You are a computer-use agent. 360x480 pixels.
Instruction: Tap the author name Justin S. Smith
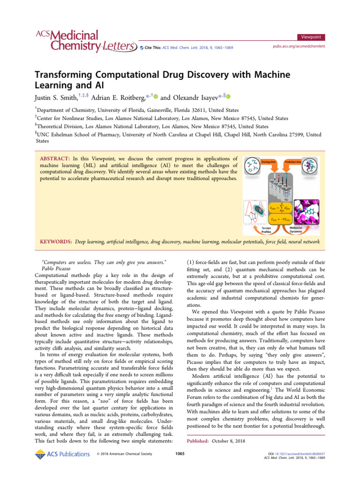tap(58, 98)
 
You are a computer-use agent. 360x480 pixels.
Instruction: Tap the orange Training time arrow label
tap(268, 162)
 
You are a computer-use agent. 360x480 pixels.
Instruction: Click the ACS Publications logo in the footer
tap(62, 454)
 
